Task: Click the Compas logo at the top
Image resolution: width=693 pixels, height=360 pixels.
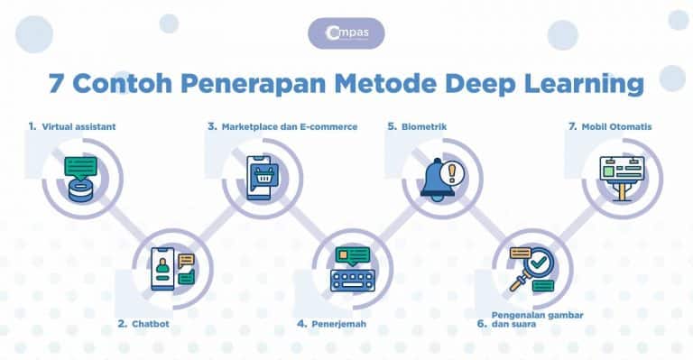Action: point(346,34)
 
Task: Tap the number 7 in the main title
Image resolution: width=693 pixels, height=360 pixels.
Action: point(56,84)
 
